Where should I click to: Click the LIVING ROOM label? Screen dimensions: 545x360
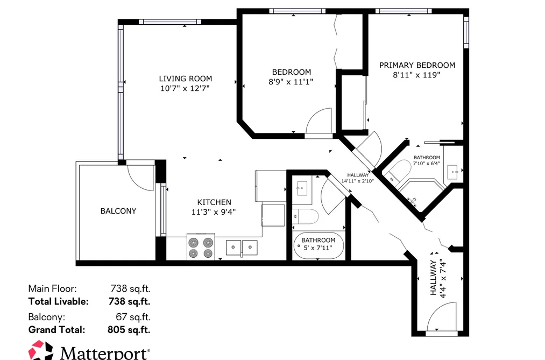[x=185, y=79]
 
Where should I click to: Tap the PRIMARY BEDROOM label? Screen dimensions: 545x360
[x=417, y=65]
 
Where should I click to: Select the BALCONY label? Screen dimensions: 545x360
[x=118, y=211]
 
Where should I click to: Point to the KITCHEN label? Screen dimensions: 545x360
[x=214, y=202]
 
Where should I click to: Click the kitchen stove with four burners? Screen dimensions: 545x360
[x=201, y=246]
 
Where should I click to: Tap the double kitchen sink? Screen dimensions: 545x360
[x=242, y=248]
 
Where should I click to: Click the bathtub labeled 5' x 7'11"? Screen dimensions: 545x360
[x=318, y=246]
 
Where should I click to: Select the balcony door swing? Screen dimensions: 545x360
[x=141, y=178]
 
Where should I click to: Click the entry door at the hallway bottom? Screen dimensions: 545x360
[x=441, y=316]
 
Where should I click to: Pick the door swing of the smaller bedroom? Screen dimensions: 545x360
[x=318, y=121]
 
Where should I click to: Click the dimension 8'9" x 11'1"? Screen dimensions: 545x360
[x=291, y=82]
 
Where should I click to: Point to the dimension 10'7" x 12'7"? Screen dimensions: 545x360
[x=185, y=89]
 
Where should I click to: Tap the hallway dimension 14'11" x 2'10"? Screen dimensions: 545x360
[x=357, y=181]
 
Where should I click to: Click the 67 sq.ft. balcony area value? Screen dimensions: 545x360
[x=133, y=317]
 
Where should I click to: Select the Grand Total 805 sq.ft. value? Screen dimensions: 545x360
[x=129, y=330]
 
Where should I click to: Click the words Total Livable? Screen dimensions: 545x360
[x=59, y=301]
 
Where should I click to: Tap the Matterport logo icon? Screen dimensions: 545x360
[x=40, y=350]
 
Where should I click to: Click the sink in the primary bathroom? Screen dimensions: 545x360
[x=453, y=172]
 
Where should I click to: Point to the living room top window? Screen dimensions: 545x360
[x=170, y=22]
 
